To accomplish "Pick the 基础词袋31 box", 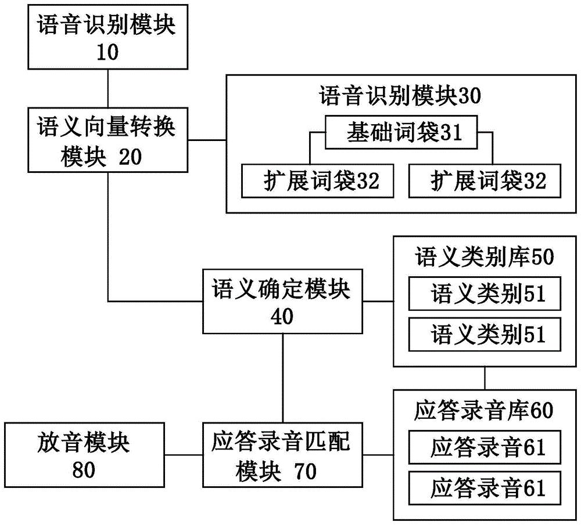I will point(400,133).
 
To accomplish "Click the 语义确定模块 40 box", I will point(282,301).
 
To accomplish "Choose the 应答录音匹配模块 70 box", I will point(282,455).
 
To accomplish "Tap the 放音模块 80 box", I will point(84,455).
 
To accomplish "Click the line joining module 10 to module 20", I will point(108,88).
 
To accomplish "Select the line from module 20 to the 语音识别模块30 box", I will point(207,140).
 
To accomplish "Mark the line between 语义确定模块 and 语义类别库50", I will point(378,302).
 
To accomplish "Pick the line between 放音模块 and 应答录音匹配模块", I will point(183,455).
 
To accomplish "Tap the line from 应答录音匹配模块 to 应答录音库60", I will point(378,455).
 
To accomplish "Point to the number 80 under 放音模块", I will point(84,470).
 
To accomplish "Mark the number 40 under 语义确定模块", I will point(282,317).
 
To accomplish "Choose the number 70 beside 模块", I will point(304,471).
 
